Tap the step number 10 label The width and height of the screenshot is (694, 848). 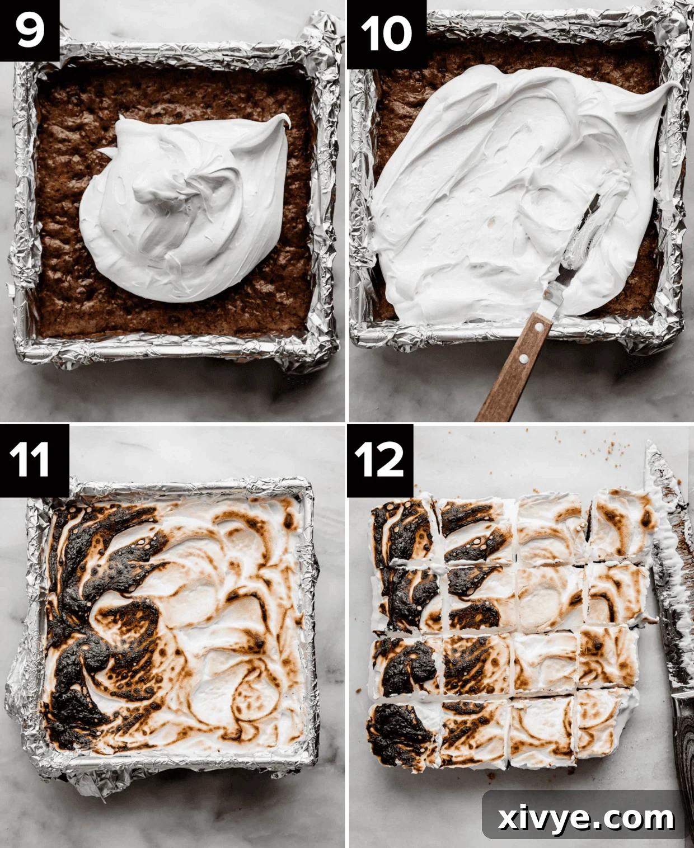click(x=386, y=34)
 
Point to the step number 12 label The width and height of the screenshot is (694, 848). click(x=380, y=460)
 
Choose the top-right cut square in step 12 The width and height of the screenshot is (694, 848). click(x=621, y=523)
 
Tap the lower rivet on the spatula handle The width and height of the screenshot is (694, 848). click(x=520, y=358)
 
